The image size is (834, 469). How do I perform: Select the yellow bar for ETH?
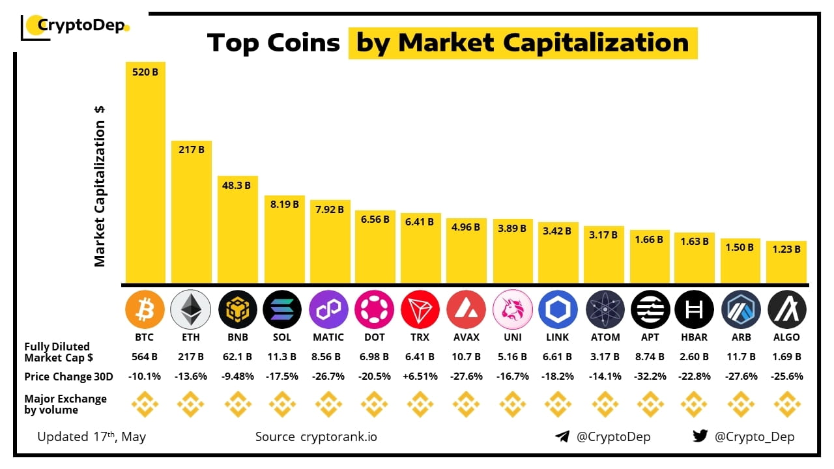coord(191,215)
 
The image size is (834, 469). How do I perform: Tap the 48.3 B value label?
coord(237,185)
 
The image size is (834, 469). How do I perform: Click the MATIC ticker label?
coord(328,337)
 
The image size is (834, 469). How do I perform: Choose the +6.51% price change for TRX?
coord(420,377)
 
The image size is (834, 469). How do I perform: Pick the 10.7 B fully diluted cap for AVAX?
coord(467,357)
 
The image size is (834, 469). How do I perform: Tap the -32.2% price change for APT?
coord(650,377)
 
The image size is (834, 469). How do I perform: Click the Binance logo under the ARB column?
coord(741,405)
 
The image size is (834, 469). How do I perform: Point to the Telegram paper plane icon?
coord(562,436)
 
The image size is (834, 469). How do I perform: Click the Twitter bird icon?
coord(700,436)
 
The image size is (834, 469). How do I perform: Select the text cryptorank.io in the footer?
coord(338,436)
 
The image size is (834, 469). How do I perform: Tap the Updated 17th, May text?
coord(91,436)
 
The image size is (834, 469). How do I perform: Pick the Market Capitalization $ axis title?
coord(100,186)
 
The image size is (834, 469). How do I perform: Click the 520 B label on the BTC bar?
coord(145,72)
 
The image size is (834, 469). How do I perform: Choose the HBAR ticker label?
coord(695,337)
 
